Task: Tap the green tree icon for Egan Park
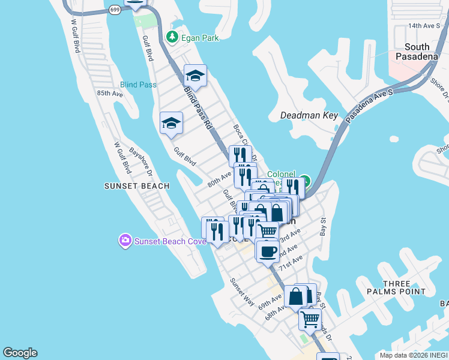[172, 37]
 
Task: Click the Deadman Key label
[309, 115]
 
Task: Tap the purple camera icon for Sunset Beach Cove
[125, 241]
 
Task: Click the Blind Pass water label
[138, 85]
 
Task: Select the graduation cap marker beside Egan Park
[195, 76]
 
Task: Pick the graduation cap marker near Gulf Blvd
[171, 123]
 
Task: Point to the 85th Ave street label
[110, 94]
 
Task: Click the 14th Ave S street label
[424, 26]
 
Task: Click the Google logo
[20, 353]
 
